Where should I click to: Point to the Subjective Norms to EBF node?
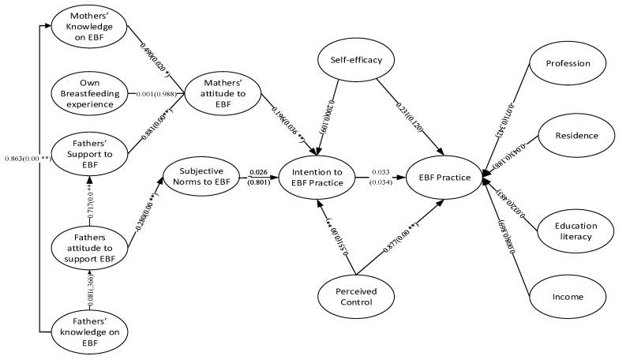pos(201,177)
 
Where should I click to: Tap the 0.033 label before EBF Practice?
pos(381,171)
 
